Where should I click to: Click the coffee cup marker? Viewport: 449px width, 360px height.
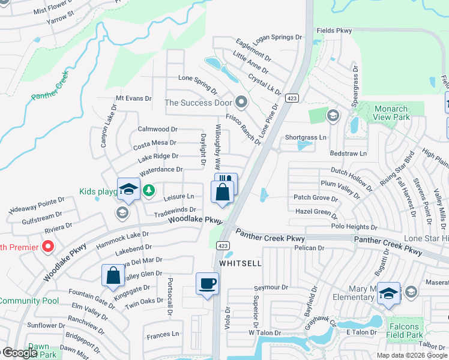[x=208, y=283]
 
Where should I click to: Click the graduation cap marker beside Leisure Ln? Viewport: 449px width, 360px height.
[x=128, y=190]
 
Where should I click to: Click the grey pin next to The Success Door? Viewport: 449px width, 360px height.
[x=241, y=102]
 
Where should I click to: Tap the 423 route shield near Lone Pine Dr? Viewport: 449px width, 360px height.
[x=292, y=98]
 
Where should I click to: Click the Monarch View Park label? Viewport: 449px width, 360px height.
[x=391, y=113]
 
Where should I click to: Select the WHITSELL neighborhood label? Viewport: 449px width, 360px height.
[x=240, y=263]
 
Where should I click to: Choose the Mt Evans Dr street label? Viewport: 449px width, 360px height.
[x=134, y=98]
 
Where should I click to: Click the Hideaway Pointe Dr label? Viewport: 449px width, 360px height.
[x=37, y=205]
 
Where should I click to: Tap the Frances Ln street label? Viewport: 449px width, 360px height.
[x=163, y=334]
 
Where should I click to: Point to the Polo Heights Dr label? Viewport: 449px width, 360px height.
[x=354, y=227]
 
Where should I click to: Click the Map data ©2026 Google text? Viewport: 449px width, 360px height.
[x=412, y=355]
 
